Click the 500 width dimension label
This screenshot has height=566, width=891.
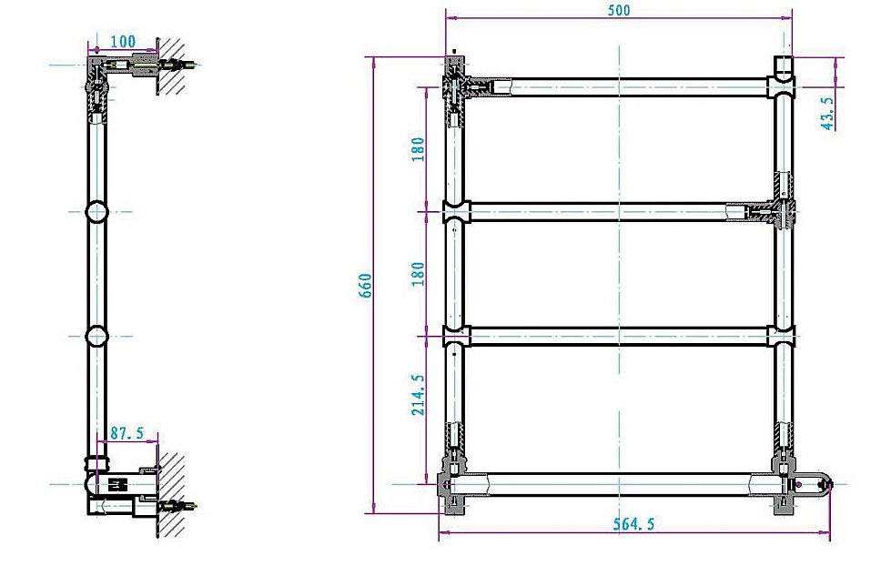tap(618, 11)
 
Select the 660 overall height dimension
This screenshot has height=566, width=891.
tap(366, 289)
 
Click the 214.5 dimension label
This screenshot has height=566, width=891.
tap(418, 394)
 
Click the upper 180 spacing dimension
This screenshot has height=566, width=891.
tap(418, 148)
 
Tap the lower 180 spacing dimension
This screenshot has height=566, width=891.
tap(418, 274)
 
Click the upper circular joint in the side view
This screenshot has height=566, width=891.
tap(96, 212)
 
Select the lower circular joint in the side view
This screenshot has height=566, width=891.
tap(96, 337)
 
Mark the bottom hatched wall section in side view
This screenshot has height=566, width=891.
tap(172, 491)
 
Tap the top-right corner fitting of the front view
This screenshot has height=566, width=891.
tap(783, 77)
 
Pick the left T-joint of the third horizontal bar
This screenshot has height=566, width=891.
tap(455, 337)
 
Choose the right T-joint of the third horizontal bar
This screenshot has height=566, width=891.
tap(782, 337)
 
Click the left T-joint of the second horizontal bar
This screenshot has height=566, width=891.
tap(455, 212)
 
